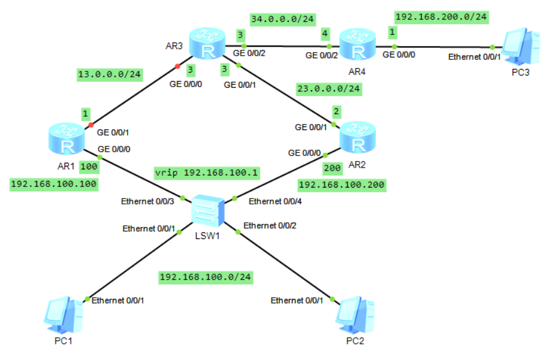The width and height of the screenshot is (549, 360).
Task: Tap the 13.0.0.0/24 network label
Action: (x=109, y=75)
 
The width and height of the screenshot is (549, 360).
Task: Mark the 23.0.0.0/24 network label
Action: (x=328, y=89)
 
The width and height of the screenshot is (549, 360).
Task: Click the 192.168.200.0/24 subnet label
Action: (x=441, y=16)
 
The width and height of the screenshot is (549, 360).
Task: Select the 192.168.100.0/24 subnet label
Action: (x=206, y=277)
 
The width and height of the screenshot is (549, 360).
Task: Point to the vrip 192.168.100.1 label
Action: (x=206, y=172)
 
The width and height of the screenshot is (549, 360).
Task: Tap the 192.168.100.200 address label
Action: (x=342, y=184)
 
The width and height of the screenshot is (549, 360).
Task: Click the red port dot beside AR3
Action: (x=177, y=66)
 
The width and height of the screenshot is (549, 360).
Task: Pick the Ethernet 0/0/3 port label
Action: (x=148, y=201)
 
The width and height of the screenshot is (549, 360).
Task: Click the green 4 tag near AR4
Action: (x=325, y=33)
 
